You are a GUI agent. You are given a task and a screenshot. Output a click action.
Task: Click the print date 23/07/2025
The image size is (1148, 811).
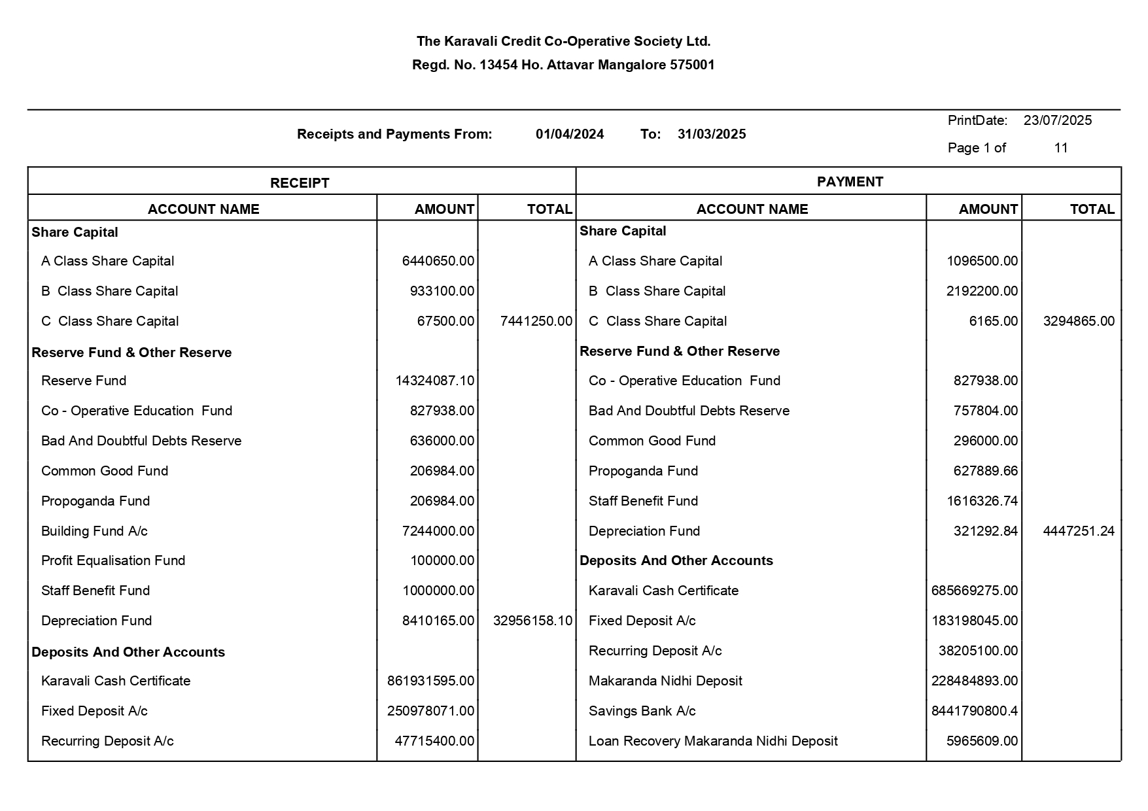pos(1057,120)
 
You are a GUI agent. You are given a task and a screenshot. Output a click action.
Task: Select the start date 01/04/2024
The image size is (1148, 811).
pos(569,134)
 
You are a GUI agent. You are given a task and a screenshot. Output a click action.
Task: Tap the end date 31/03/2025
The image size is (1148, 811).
pos(712,134)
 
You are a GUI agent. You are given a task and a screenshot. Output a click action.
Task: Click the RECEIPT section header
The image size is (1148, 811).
pos(300,183)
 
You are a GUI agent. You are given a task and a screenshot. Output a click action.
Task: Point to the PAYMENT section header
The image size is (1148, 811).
pos(850,182)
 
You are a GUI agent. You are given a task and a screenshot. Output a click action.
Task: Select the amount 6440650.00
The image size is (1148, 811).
pos(438,261)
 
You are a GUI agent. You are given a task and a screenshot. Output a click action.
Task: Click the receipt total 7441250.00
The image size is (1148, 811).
pos(536,321)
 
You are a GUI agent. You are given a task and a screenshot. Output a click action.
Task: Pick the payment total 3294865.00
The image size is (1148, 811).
pos(1079,321)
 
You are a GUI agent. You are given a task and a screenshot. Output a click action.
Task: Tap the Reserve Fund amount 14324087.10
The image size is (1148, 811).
pos(434,381)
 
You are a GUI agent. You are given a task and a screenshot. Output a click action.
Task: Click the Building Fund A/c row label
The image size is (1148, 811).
pos(94,531)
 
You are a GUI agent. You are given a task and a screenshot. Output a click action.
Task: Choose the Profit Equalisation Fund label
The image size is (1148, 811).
pos(113,561)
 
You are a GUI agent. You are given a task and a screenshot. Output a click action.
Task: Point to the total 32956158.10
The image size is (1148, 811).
pos(532,621)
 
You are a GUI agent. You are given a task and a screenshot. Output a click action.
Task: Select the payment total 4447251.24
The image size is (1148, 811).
pos(1079,531)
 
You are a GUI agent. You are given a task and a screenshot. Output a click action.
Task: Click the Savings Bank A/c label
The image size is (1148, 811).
pos(642,711)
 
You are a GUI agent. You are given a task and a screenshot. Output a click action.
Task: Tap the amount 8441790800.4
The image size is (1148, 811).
pos(974,711)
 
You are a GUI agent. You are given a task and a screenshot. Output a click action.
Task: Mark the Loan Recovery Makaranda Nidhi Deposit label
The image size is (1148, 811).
pos(713,741)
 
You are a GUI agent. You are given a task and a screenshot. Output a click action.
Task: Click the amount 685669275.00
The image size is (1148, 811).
pos(974,591)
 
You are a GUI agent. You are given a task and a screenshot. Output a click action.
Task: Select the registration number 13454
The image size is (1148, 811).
pos(498,65)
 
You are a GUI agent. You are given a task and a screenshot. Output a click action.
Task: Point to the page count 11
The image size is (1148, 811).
pos(1060,148)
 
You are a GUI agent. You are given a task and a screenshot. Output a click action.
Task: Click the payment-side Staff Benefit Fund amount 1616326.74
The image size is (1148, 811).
pos(982,501)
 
